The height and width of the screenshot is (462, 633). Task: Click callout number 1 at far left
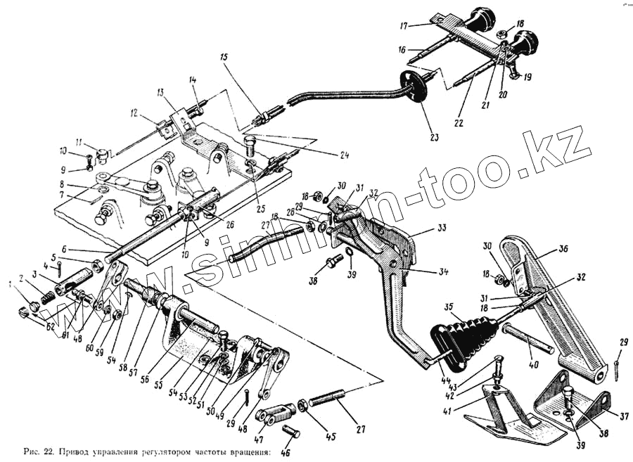point(10,285)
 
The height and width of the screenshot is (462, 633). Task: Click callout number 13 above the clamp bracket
point(160,92)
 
